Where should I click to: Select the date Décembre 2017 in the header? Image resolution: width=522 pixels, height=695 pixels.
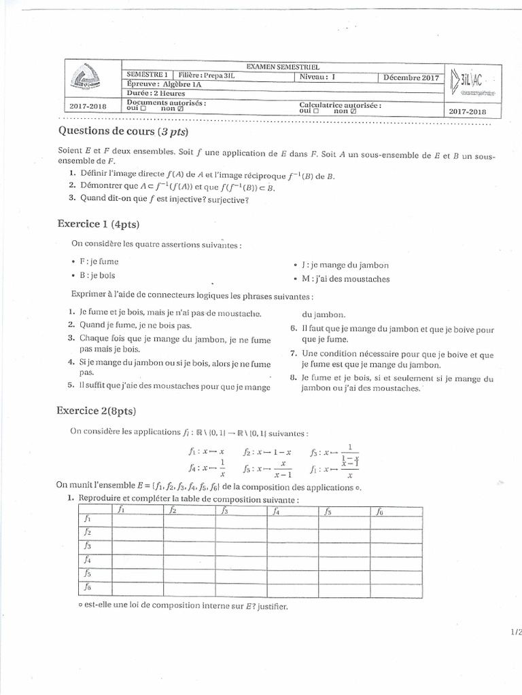click(x=411, y=77)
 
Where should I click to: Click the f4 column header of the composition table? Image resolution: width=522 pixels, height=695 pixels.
click(x=276, y=511)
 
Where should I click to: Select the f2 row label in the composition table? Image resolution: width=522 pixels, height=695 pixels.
click(x=88, y=532)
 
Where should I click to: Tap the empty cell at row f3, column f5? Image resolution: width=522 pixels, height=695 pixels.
click(x=344, y=546)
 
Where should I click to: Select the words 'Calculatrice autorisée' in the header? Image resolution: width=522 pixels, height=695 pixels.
click(x=340, y=105)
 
